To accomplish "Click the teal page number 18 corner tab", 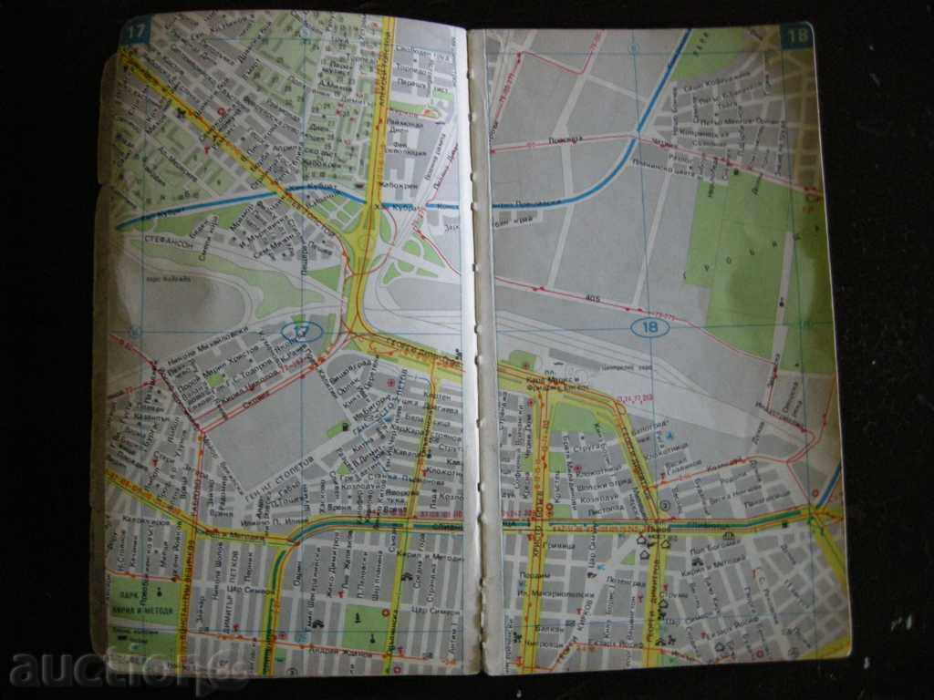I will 795,36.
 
